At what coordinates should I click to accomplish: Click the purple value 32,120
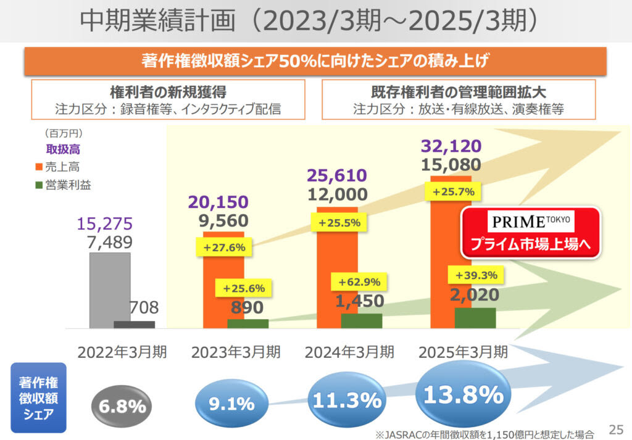point(451,147)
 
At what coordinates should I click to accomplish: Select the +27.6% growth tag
point(220,247)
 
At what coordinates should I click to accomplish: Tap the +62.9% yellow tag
point(359,282)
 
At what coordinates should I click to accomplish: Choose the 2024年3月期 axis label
point(349,352)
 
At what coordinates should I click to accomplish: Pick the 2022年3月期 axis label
point(122,352)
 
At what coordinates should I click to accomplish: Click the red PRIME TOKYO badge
point(531,232)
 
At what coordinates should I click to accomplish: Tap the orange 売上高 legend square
point(38,167)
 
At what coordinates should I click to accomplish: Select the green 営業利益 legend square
point(38,185)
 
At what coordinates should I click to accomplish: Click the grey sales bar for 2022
point(110,290)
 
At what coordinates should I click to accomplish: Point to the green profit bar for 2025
point(475,318)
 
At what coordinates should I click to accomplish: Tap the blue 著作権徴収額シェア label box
point(38,397)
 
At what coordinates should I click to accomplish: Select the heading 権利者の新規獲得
point(168,93)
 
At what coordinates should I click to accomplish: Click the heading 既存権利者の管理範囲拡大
point(459,93)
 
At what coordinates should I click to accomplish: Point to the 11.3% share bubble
point(346,401)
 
